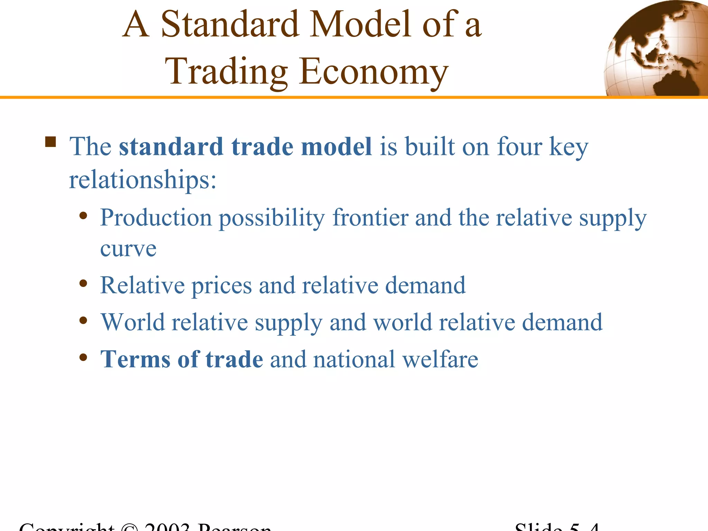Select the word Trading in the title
click(x=226, y=72)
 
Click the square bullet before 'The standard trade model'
click(x=50, y=142)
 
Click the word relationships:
click(x=143, y=180)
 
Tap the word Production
click(x=156, y=218)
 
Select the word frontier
click(x=370, y=218)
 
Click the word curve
click(x=128, y=249)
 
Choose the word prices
click(x=222, y=286)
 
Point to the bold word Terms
click(x=135, y=359)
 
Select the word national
click(x=354, y=359)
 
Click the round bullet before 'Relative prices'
click(x=83, y=284)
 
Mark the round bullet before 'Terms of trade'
click(x=83, y=357)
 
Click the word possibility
click(x=272, y=218)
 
